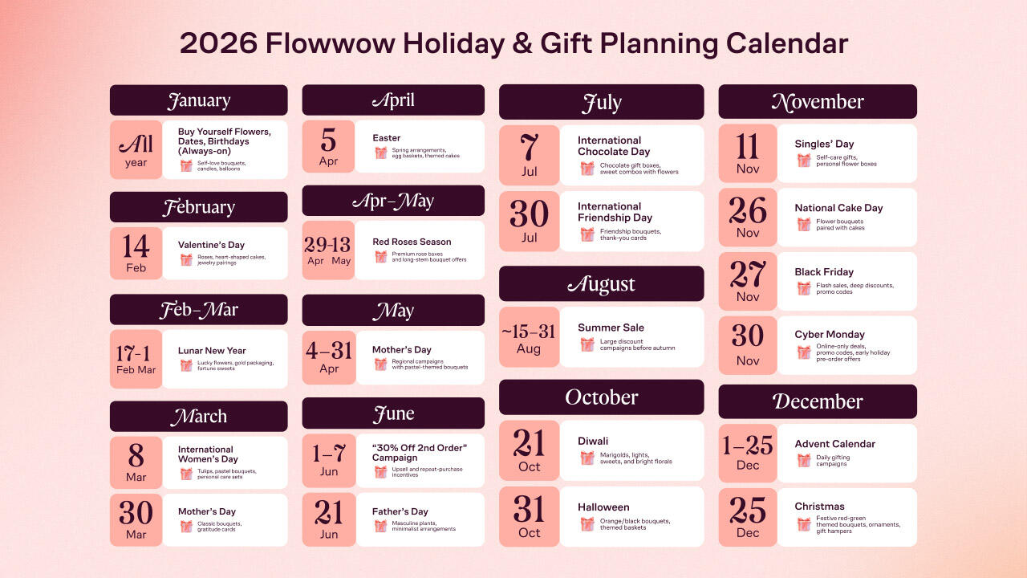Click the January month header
pos(198,100)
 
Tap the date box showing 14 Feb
pos(136,253)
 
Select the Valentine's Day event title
pos(211,245)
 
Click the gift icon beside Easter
pos(381,153)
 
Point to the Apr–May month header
pos(393,201)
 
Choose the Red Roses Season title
pos(412,242)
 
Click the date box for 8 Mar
pos(136,462)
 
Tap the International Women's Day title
pos(208,454)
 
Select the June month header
pos(393,413)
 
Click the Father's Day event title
pos(400,511)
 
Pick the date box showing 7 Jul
pos(529,155)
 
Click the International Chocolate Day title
pos(614,146)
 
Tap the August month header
pos(601,284)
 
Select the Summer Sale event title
pos(611,328)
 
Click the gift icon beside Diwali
pos(587,458)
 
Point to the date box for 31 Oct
pos(529,517)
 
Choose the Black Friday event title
pos(824,272)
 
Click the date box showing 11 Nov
pos(748,153)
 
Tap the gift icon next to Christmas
pos(804,524)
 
